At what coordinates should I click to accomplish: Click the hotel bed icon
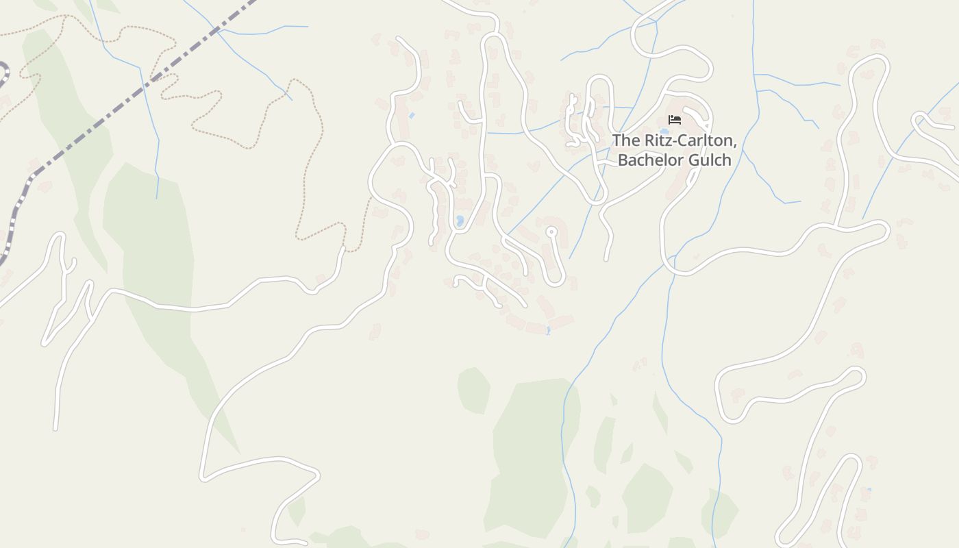(x=675, y=120)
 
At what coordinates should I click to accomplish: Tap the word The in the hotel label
(x=624, y=141)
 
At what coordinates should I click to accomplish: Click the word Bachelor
(x=651, y=160)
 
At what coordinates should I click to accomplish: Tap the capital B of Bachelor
(x=623, y=160)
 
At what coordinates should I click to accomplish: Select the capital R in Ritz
(x=646, y=141)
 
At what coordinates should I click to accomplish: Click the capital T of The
(x=616, y=141)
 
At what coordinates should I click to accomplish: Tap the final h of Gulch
(x=727, y=160)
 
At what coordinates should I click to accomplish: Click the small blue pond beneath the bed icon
(x=664, y=131)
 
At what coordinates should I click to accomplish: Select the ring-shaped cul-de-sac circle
(x=551, y=232)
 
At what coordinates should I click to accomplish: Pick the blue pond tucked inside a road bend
(x=460, y=221)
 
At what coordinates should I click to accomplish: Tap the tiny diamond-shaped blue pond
(x=411, y=116)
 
